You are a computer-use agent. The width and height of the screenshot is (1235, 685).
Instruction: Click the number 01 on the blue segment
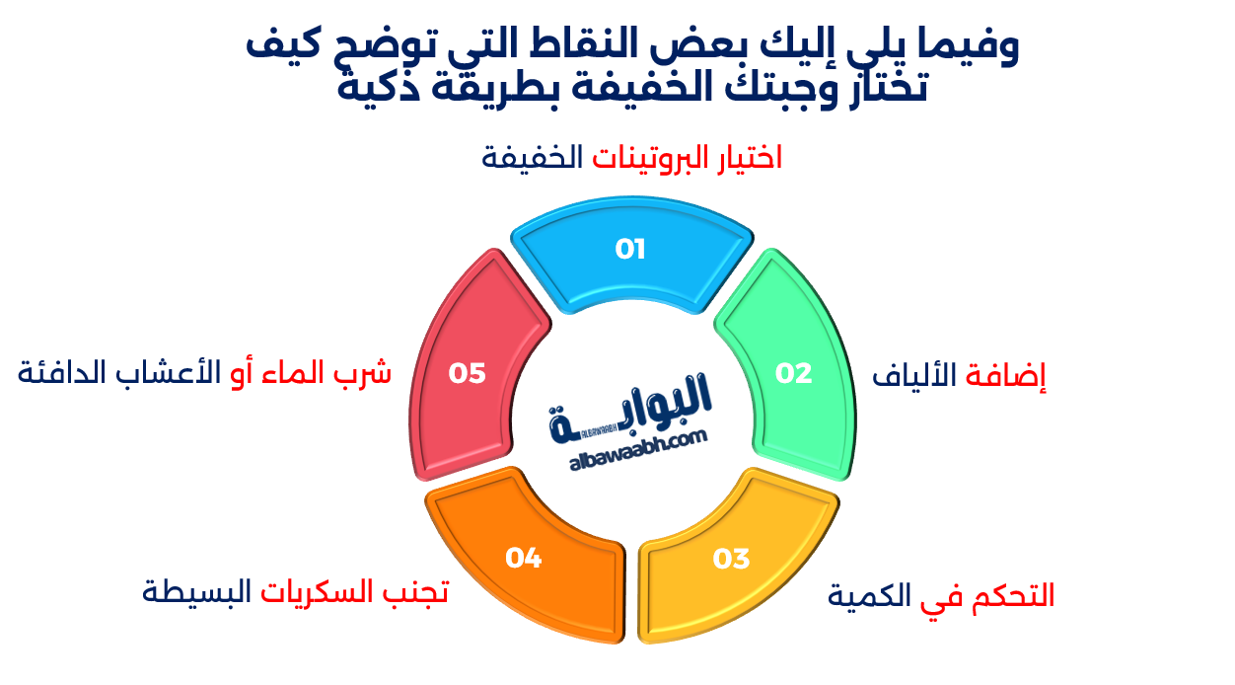[629, 249]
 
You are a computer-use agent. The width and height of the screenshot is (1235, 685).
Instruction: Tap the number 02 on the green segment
[793, 373]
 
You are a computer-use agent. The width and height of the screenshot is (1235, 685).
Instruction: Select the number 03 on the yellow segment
[732, 559]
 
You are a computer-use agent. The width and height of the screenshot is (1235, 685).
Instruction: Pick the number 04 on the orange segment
[524, 559]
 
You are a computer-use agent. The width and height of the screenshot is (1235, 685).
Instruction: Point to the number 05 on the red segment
[468, 373]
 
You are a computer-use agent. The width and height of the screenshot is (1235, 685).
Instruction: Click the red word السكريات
[321, 592]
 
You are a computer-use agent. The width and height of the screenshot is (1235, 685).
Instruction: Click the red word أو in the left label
[242, 373]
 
